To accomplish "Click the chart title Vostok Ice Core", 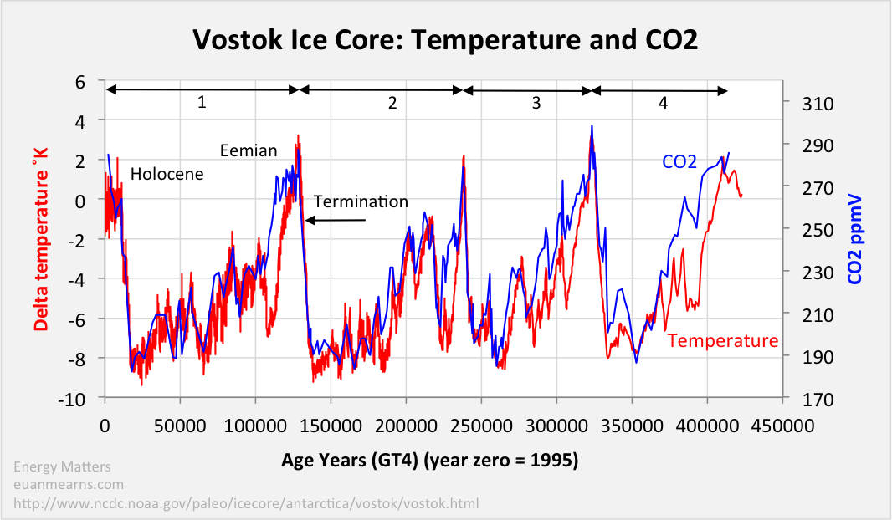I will [x=445, y=39].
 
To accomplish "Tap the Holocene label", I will [x=167, y=174].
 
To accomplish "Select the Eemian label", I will [x=249, y=150].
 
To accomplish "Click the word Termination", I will [x=361, y=201].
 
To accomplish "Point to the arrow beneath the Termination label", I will [x=336, y=221].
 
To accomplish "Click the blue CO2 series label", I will [x=679, y=161].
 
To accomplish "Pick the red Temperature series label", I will [x=722, y=341].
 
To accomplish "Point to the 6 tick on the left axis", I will [x=80, y=82].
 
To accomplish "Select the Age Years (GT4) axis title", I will [x=429, y=460].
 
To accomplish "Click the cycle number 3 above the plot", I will [x=536, y=103].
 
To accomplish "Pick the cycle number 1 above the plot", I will [x=202, y=103].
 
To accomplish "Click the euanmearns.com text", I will [x=69, y=485].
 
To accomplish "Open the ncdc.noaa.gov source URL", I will [x=245, y=504].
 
